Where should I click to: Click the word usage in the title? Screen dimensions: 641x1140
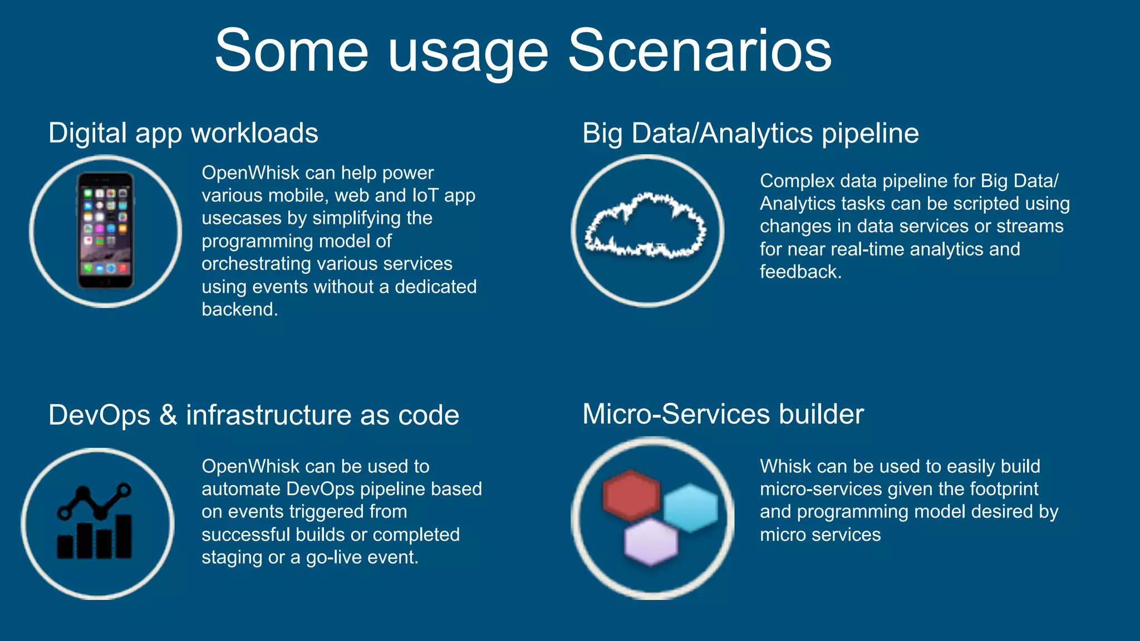click(468, 56)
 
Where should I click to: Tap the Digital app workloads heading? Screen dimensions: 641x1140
click(183, 134)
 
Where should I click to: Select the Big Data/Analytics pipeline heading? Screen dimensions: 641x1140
click(750, 134)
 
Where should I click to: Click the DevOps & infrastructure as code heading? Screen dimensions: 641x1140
click(253, 415)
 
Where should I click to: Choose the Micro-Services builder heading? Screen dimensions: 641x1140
click(723, 415)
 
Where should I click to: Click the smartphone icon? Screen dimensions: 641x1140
click(105, 230)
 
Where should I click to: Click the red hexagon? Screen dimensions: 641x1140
click(630, 495)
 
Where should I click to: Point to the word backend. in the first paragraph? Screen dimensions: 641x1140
click(239, 309)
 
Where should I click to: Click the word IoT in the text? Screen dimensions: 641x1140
click(425, 195)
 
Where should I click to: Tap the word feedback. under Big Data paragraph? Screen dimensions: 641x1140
click(800, 272)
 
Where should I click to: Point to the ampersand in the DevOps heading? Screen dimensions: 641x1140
click(168, 415)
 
